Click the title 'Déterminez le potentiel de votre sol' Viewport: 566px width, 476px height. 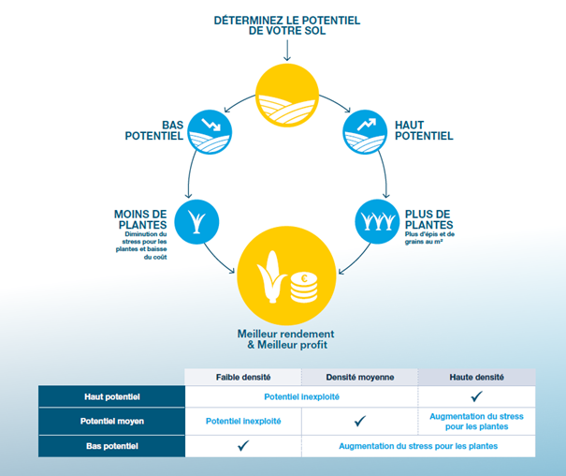pos(285,25)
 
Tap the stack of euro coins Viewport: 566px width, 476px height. pos(304,285)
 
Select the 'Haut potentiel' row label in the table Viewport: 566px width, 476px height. pos(110,397)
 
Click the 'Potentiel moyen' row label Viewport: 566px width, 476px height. pos(110,421)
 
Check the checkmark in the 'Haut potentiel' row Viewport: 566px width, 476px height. pos(475,397)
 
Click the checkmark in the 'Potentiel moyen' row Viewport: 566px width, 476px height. pos(359,422)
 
